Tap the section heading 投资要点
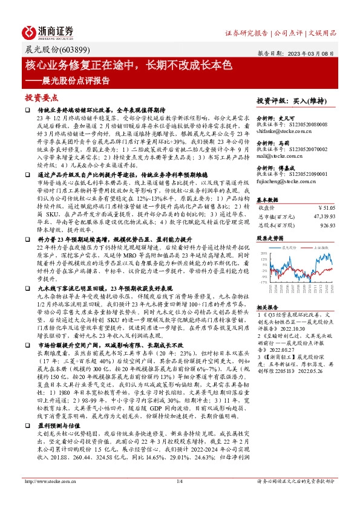tap(41, 97)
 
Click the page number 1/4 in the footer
tap(179, 498)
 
